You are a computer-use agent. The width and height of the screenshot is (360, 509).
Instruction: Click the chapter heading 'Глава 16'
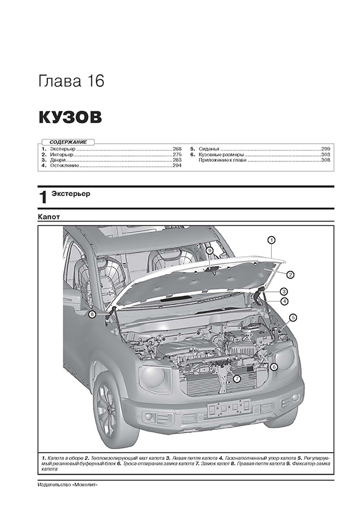[x=71, y=82]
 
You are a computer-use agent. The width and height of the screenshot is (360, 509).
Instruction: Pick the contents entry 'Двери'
[x=58, y=160]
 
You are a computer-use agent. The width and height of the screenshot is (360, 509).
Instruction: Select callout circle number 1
[x=271, y=240]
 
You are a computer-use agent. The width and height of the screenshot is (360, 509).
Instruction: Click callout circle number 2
[x=289, y=275]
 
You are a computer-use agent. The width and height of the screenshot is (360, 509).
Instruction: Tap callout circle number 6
[x=274, y=367]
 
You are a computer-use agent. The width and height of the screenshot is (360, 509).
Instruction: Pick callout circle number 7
[x=236, y=378]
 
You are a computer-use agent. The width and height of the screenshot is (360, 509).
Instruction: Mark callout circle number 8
[x=92, y=314]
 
